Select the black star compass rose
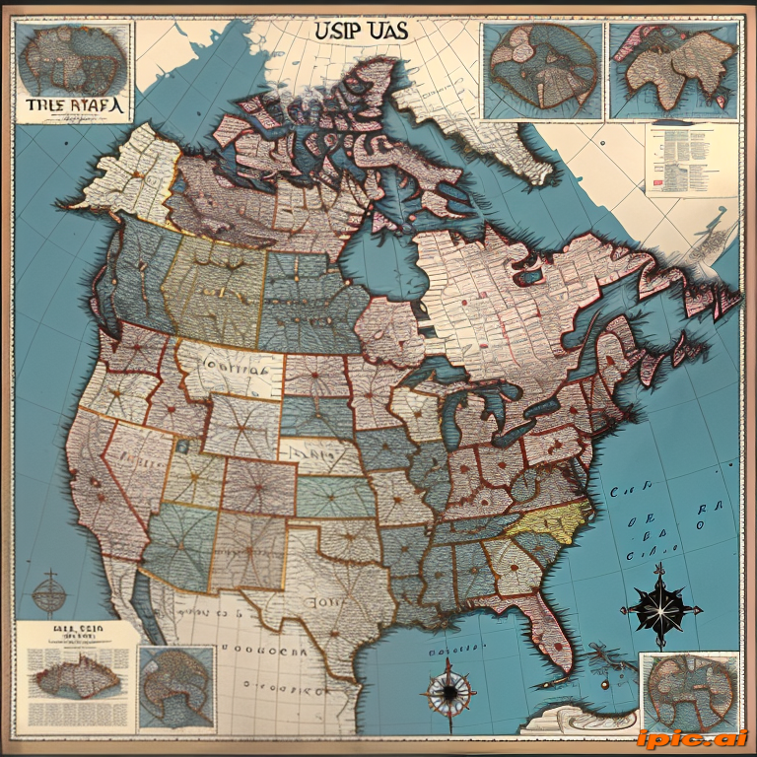(x=661, y=606)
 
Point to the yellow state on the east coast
(x=552, y=521)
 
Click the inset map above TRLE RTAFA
(x=73, y=56)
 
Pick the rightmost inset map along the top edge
(x=673, y=69)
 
